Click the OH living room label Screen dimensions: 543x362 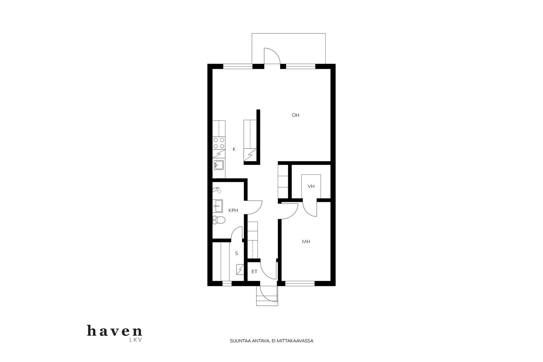pos(296,115)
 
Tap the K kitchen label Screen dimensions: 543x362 pos(234,149)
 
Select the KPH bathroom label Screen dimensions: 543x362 pos(233,210)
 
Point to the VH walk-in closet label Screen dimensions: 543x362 pos(311,186)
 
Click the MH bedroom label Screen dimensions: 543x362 pos(306,242)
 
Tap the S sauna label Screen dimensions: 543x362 pos(236,253)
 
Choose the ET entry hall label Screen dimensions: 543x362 pos(255,271)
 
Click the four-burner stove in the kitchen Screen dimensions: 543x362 pos(219,143)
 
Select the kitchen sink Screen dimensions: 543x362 pos(219,165)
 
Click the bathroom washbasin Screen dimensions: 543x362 pos(218,206)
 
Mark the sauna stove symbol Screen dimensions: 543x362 pos(240,270)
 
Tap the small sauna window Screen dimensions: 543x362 pos(227,283)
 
